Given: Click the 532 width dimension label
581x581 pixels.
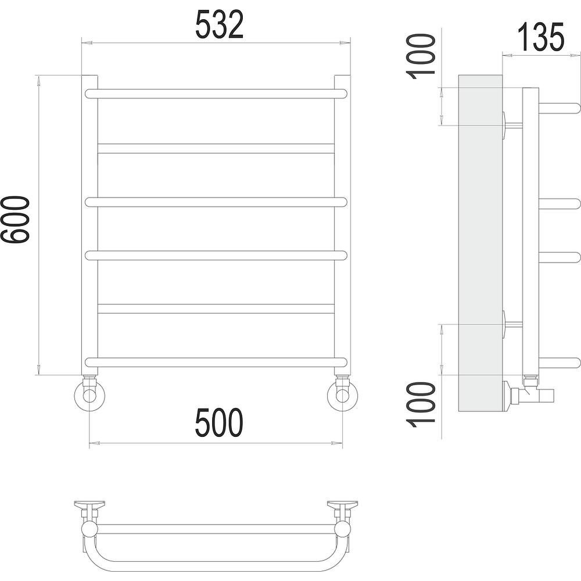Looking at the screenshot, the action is pyautogui.click(x=220, y=24).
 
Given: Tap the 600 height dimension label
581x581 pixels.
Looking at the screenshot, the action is pyautogui.click(x=15, y=220).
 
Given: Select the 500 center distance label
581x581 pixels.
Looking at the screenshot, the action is pyautogui.click(x=220, y=422).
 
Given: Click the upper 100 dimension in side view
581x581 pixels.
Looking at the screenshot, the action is pyautogui.click(x=421, y=57).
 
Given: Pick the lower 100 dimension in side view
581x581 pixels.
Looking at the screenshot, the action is pyautogui.click(x=421, y=404).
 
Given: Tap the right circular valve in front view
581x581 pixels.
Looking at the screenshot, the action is pyautogui.click(x=342, y=395).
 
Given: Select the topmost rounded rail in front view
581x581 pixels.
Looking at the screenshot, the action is pyautogui.click(x=216, y=94).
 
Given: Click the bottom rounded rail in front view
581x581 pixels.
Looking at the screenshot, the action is pyautogui.click(x=216, y=363).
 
